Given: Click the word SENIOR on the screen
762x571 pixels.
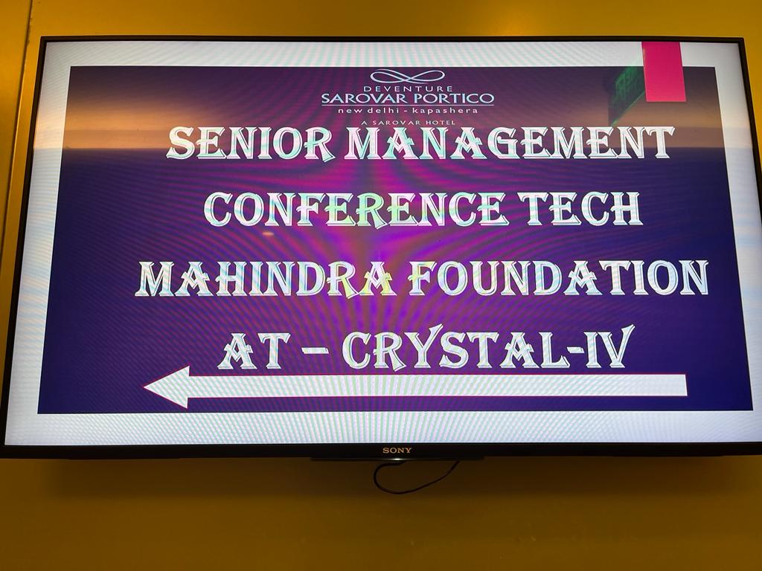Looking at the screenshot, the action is point(250,144).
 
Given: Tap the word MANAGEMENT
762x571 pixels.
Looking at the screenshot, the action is point(509,143).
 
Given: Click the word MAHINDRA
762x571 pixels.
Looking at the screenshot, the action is point(266,279).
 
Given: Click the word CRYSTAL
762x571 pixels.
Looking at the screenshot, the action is point(455,349).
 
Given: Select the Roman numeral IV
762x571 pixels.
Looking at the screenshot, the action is point(609,346).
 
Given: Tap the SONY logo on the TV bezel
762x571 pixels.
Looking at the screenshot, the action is point(397,451).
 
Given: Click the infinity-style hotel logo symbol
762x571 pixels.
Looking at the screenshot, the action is point(407,77).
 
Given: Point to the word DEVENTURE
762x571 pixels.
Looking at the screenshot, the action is point(408,89).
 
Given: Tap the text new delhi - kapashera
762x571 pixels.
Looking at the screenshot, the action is point(408,111).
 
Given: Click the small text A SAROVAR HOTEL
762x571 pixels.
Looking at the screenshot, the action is point(408,123).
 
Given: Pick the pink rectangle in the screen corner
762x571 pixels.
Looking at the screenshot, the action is point(663,71).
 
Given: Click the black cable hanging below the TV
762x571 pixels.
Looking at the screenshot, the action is point(414,478).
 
